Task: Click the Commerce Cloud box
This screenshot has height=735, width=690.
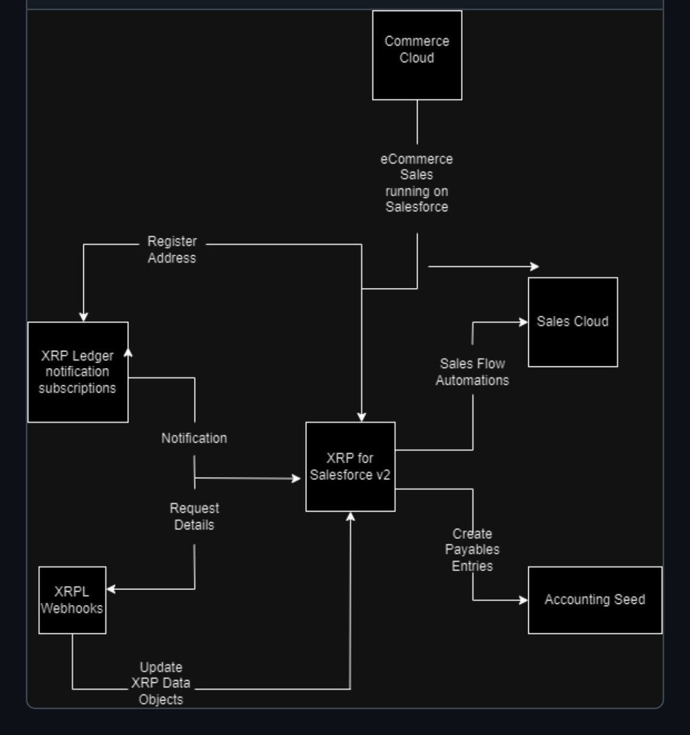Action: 417,55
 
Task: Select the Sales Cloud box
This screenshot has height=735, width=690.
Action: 572,322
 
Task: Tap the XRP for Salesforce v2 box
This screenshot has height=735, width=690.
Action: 350,467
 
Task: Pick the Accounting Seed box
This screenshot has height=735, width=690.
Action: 594,600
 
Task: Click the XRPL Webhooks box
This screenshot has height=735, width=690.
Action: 72,600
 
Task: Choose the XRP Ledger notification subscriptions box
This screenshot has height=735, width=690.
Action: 77,372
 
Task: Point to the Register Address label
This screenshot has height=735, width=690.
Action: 172,250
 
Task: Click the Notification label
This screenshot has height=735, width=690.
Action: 194,439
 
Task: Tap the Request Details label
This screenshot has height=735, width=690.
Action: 194,516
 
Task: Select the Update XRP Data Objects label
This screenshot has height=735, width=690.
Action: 161,683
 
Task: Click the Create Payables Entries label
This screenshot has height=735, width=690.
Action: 472,549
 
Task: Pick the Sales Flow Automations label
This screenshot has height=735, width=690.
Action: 472,372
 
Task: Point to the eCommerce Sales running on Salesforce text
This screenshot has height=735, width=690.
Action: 417,183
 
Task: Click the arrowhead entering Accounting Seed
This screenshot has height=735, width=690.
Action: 523,600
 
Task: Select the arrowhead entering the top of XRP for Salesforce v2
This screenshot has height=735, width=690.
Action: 362,417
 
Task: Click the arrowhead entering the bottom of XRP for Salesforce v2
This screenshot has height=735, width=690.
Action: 351,516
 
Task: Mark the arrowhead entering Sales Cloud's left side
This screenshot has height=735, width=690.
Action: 523,322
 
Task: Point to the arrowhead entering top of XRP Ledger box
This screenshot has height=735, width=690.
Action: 83,317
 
